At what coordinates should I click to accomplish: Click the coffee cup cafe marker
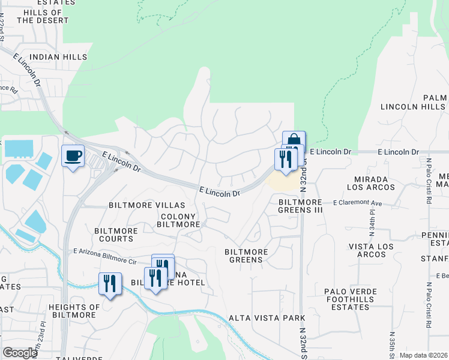click(x=73, y=156)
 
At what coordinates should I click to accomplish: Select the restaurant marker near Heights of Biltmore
click(x=110, y=283)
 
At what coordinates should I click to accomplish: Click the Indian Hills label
click(x=58, y=57)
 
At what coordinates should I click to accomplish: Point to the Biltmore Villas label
click(x=139, y=205)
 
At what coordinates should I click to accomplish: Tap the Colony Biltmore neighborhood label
click(x=178, y=220)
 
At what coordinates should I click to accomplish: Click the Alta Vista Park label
click(x=267, y=318)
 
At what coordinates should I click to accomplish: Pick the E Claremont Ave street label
click(x=358, y=203)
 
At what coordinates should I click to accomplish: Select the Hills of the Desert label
click(x=40, y=16)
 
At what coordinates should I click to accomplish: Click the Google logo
click(x=20, y=353)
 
